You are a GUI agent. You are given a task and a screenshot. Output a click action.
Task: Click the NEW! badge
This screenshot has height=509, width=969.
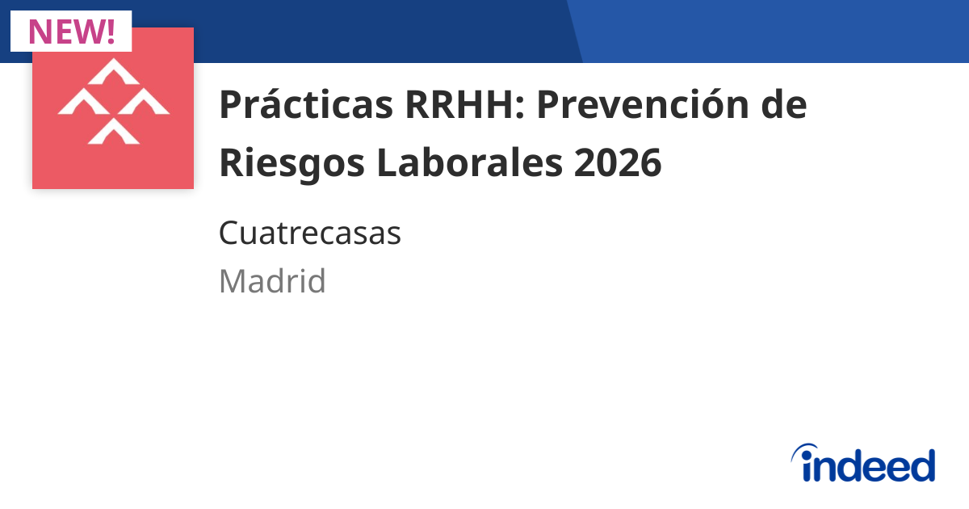(x=71, y=31)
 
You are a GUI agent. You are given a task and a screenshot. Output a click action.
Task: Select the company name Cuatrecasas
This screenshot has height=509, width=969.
(x=310, y=234)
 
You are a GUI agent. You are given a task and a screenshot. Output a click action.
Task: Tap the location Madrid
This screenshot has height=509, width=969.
(x=272, y=281)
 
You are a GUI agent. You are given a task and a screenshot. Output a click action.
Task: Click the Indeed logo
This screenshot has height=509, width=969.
(x=862, y=464)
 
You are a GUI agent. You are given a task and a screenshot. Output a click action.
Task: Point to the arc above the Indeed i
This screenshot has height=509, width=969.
(x=807, y=449)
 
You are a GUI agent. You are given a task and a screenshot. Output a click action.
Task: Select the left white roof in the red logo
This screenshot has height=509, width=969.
(x=84, y=103)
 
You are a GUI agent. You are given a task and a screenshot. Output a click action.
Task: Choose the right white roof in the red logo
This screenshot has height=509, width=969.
(x=143, y=103)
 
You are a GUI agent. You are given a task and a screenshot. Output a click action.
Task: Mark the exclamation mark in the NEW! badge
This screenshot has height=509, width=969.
(x=111, y=31)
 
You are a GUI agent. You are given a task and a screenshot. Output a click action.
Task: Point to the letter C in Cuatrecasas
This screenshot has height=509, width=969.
(x=229, y=234)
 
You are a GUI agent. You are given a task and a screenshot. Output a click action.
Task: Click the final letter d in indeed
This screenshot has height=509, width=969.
(x=921, y=465)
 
